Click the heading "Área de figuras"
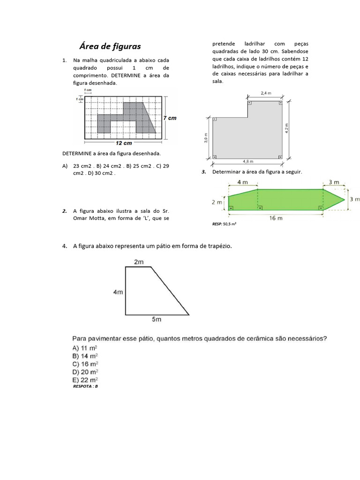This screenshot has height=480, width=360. (x=110, y=46)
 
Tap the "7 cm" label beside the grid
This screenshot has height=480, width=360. (x=170, y=118)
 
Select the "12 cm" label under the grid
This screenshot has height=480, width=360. (x=124, y=143)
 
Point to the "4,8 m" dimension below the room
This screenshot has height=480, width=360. (x=248, y=162)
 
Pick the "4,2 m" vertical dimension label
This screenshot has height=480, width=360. (x=287, y=128)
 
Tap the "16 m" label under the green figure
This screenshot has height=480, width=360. (x=276, y=218)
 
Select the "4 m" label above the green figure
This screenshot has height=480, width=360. (x=243, y=182)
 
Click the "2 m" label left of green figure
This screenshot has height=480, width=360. (x=217, y=202)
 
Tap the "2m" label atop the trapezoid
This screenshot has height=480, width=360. (x=139, y=262)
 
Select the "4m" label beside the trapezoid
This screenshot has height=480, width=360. (x=118, y=292)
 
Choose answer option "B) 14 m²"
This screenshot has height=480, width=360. (x=85, y=356)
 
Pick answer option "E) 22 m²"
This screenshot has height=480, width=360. (x=85, y=379)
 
